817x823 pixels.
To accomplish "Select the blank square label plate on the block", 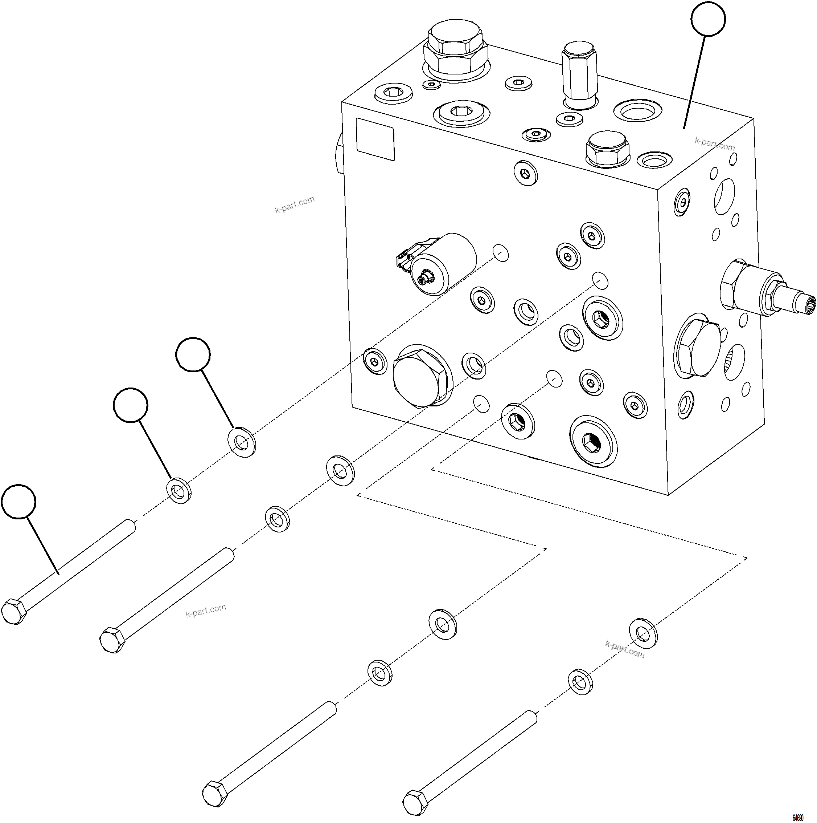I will pos(375,139).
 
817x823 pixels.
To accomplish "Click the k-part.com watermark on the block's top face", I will pos(714,144).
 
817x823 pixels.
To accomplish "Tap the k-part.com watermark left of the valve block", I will pos(295,204).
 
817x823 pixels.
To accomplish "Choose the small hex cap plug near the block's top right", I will pos(607,147).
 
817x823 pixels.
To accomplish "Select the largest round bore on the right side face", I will pos(724,196).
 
